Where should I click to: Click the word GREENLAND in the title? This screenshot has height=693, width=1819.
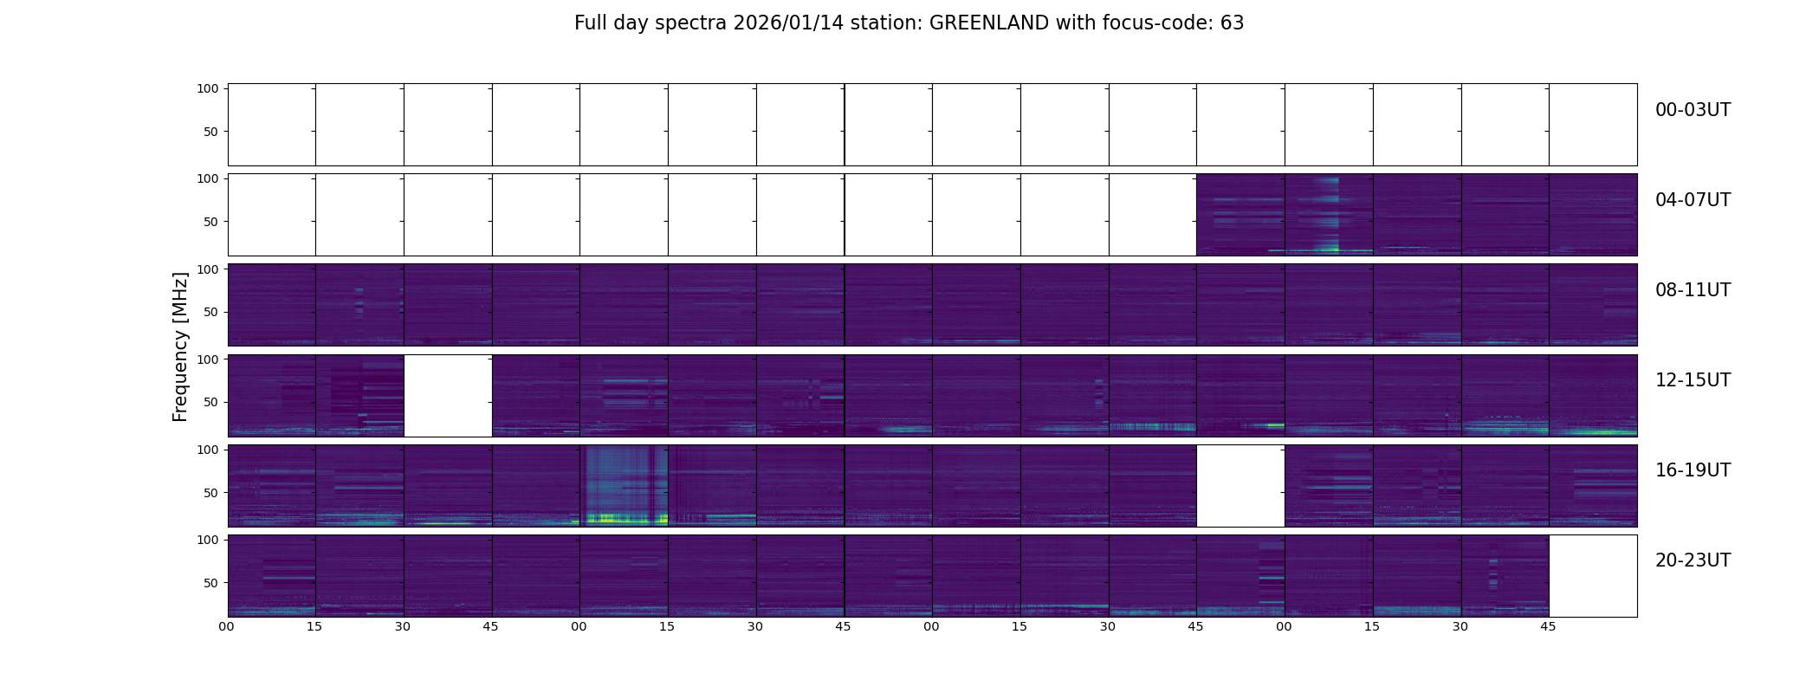pos(988,23)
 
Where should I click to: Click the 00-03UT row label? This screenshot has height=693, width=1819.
pos(1693,110)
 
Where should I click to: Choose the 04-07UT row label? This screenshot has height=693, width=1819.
pos(1693,200)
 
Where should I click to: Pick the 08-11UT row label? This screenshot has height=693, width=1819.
pos(1693,290)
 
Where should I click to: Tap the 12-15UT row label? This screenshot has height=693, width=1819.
pos(1693,380)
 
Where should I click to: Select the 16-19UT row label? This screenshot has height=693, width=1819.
pos(1693,470)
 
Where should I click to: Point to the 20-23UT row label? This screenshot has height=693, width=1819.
pos(1693,560)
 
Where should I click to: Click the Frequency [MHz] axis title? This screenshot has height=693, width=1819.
pos(180,346)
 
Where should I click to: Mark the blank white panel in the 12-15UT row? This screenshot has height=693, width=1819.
pos(448,395)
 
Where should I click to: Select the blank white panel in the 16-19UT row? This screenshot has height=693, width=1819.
pos(1240,485)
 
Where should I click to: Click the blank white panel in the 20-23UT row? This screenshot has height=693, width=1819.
pos(1593,575)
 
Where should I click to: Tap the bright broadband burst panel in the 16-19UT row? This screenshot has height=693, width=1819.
pos(624,485)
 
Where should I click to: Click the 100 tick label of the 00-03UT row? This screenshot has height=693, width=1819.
pos(207,88)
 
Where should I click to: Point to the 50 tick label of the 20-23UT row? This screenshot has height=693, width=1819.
pos(210,583)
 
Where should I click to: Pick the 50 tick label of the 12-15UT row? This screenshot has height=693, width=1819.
pos(210,403)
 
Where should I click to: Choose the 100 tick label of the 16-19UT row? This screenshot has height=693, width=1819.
pos(207,450)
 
